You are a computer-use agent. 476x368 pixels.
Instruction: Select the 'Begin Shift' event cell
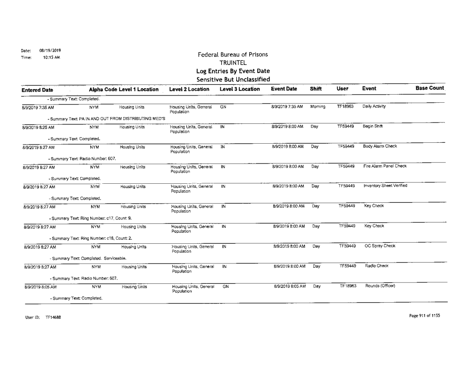pyautogui.click(x=372, y=128)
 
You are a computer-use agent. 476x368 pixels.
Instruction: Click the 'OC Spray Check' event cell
pyautogui.click(x=377, y=246)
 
